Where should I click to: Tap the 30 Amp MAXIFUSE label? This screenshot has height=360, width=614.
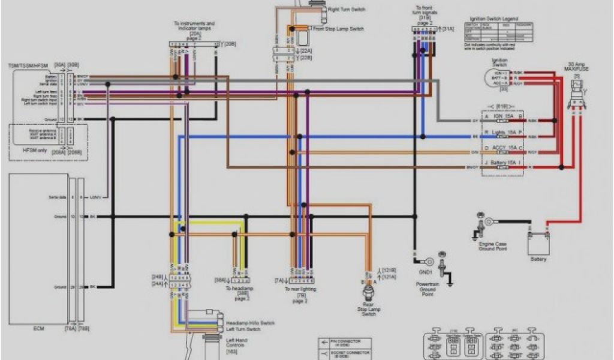point(577,66)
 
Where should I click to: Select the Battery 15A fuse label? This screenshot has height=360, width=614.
point(502,163)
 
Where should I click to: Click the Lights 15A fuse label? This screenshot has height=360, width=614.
point(502,131)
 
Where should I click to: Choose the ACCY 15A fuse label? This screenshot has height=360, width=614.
point(502,147)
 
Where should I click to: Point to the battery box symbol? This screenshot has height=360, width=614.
point(538,243)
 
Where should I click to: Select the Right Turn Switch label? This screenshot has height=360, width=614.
point(346,10)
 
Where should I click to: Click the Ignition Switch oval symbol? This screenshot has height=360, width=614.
point(499,76)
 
